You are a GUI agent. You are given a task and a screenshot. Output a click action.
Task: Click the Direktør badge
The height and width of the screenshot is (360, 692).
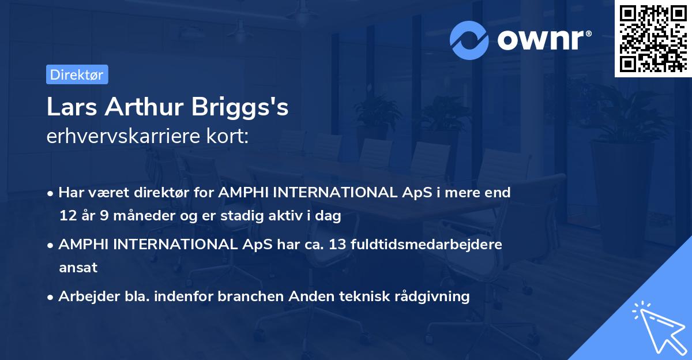point(77,74)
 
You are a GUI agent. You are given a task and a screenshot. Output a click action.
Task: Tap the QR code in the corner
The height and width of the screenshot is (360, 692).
point(653,38)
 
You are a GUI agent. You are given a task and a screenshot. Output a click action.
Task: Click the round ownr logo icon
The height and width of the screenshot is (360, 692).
point(469,40)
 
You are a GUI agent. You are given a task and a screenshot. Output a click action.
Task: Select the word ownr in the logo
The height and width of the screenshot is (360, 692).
point(539,40)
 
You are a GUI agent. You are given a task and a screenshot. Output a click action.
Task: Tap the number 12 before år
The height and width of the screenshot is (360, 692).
point(67,216)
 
